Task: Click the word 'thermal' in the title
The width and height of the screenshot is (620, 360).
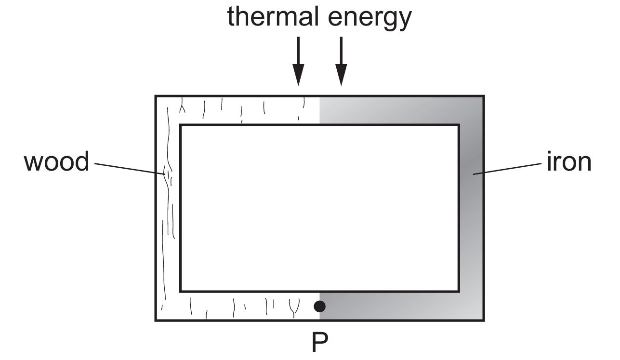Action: pyautogui.click(x=273, y=16)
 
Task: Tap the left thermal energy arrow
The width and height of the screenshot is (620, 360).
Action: pyautogui.click(x=298, y=61)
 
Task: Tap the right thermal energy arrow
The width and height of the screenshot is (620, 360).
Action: pyautogui.click(x=341, y=61)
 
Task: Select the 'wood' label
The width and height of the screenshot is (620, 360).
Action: pyautogui.click(x=56, y=161)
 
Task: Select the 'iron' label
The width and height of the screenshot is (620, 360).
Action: pyautogui.click(x=569, y=161)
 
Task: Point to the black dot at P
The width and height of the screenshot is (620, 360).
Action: pyautogui.click(x=320, y=307)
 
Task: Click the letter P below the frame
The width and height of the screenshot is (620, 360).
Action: pyautogui.click(x=320, y=342)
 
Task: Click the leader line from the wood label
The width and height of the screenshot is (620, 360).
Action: pyautogui.click(x=130, y=169)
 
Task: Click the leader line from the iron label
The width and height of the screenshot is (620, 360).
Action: pyautogui.click(x=507, y=169)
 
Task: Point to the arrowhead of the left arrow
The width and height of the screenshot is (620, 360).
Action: pyautogui.click(x=298, y=75)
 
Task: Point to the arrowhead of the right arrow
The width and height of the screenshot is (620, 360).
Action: pyautogui.click(x=341, y=75)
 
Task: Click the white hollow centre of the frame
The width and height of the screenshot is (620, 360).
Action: pyautogui.click(x=320, y=208)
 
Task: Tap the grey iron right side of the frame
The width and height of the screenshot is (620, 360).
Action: pyautogui.click(x=472, y=208)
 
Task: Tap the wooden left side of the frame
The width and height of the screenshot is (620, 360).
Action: pyautogui.click(x=168, y=208)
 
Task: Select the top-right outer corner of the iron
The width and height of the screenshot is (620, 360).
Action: pyautogui.click(x=484, y=96)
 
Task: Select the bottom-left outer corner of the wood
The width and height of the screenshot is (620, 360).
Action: pyautogui.click(x=155, y=320)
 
